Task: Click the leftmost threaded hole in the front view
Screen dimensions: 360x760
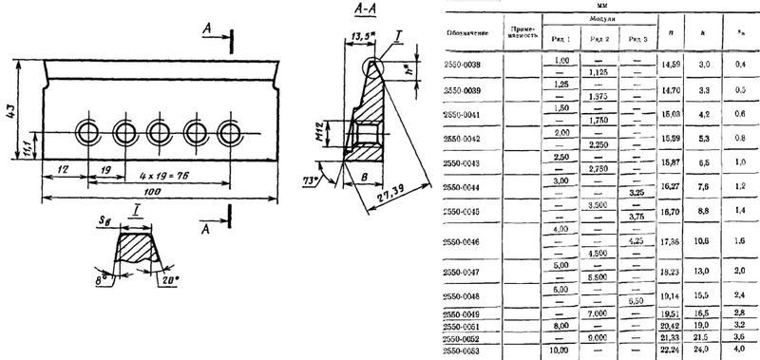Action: click(88, 130)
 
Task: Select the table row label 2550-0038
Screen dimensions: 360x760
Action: click(465, 64)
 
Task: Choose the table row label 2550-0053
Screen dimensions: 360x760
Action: click(465, 350)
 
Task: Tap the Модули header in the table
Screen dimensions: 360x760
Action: click(598, 19)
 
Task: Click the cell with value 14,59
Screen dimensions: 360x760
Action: click(670, 64)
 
